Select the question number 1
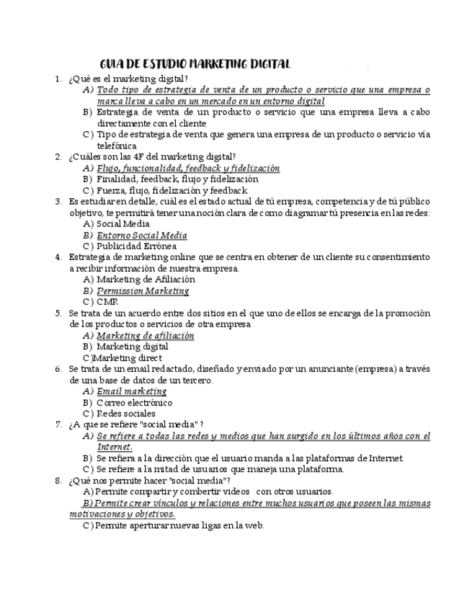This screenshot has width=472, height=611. click(x=58, y=79)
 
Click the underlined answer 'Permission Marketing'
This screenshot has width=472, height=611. click(x=143, y=291)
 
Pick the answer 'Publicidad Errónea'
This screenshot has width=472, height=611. click(x=137, y=246)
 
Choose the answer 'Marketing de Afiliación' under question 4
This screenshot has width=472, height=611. click(x=146, y=280)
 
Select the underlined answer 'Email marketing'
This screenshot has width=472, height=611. click(x=132, y=391)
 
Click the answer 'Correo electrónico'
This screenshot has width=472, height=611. click(x=135, y=403)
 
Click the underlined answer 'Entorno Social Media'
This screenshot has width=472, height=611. click(x=142, y=236)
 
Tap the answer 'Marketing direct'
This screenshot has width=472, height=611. click(x=130, y=357)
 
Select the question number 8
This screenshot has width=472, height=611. click(x=58, y=481)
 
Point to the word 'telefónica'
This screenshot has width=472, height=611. click(x=117, y=145)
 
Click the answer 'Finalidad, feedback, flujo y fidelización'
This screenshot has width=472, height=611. click(x=177, y=179)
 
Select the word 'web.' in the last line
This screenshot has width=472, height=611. click(x=254, y=525)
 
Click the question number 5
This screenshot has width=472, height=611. click(x=58, y=313)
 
